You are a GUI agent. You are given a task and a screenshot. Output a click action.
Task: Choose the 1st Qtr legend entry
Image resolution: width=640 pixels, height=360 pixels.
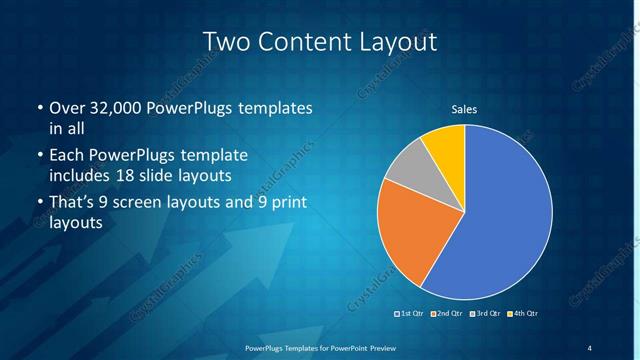409,314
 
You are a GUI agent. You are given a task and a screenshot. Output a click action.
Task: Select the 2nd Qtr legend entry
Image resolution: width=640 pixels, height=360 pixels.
445,314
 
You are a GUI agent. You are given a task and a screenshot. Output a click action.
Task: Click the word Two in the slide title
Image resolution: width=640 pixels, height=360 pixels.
226,41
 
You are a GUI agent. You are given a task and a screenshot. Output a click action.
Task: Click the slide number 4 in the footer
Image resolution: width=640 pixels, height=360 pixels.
590,347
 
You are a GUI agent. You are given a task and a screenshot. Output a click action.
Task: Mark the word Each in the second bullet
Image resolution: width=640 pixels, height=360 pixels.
66,156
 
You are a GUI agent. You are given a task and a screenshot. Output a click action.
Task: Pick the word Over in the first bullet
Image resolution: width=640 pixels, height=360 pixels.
67,107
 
